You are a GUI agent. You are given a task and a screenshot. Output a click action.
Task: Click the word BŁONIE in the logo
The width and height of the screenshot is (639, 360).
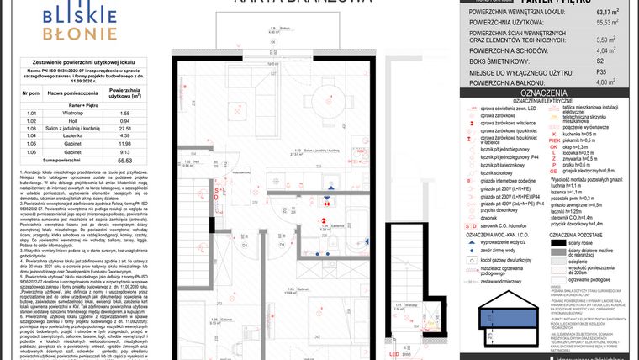coord(82,34)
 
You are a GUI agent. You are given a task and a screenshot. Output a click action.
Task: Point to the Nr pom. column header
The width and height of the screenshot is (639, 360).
coord(33,93)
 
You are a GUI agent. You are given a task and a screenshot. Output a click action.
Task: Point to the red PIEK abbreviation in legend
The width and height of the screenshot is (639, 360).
coord(552,141)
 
